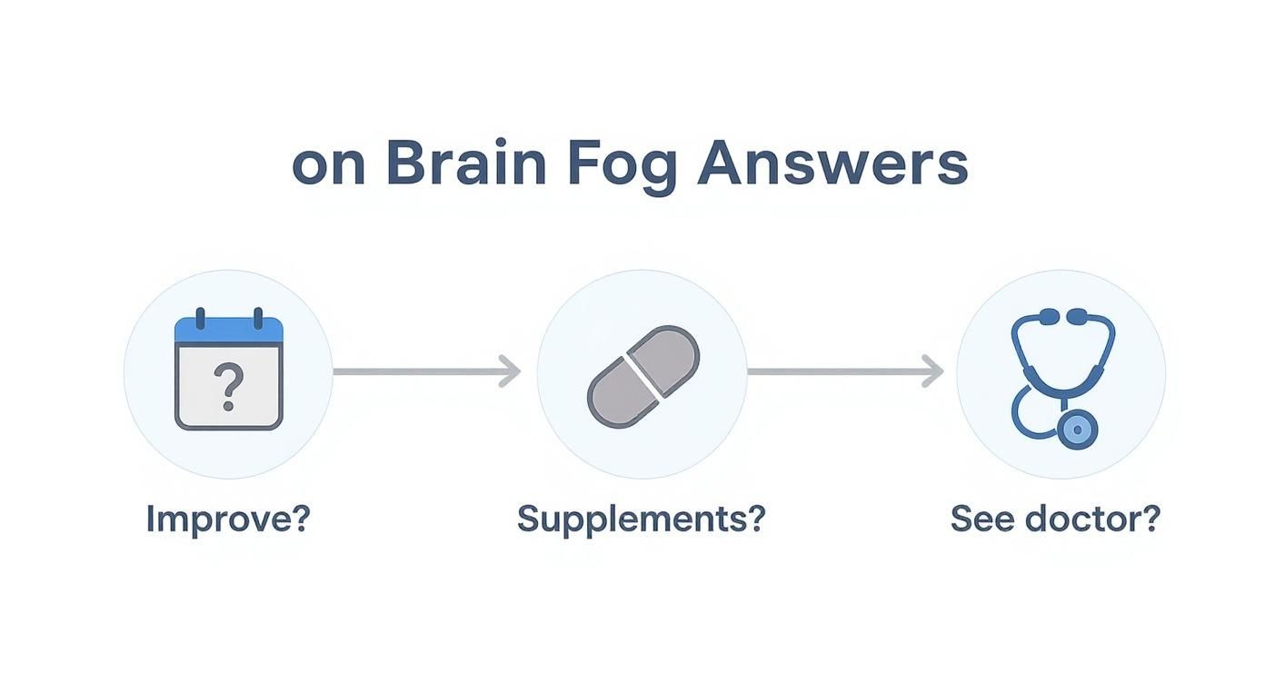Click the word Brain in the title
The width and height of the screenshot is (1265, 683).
(465, 164)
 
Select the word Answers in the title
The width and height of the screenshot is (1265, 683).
(832, 164)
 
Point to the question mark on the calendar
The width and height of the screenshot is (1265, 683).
(229, 385)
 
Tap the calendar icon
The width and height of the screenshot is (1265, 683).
(228, 373)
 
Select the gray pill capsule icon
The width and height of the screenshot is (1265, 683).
(642, 375)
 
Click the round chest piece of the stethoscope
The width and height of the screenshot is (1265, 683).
(1078, 429)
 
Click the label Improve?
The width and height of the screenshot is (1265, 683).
(228, 519)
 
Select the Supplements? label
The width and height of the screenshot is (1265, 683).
(642, 520)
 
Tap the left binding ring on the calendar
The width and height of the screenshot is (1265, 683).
(201, 318)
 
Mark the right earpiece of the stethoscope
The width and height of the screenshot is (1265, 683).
(1079, 316)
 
